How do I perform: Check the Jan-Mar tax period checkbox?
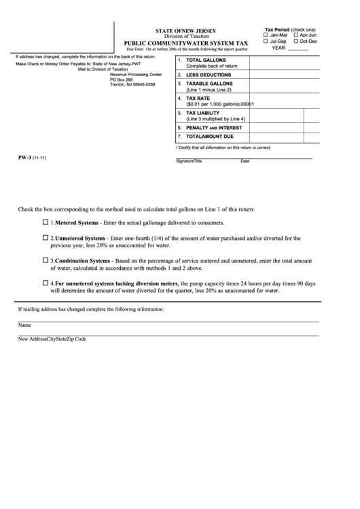266,35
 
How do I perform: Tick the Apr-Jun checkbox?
296,35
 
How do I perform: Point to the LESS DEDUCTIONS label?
209,75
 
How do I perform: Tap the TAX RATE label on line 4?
198,98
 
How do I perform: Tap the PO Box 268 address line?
122,79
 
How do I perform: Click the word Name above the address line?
24,325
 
